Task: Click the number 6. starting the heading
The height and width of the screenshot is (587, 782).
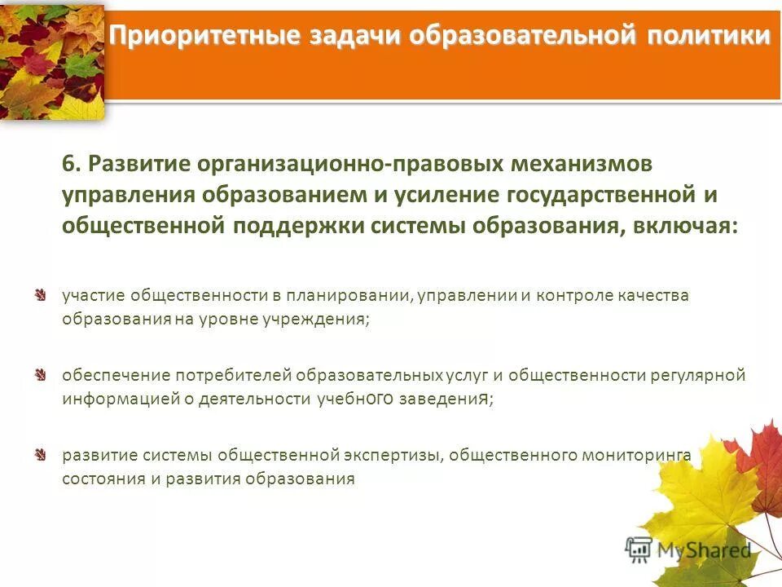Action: click(72, 163)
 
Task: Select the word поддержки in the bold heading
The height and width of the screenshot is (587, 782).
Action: click(301, 225)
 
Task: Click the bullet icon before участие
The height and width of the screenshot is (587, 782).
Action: click(40, 294)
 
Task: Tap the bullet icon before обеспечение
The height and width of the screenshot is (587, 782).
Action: click(40, 375)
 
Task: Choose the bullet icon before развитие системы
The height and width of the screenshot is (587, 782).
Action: click(40, 454)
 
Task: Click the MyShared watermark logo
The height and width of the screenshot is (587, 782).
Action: click(688, 550)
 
